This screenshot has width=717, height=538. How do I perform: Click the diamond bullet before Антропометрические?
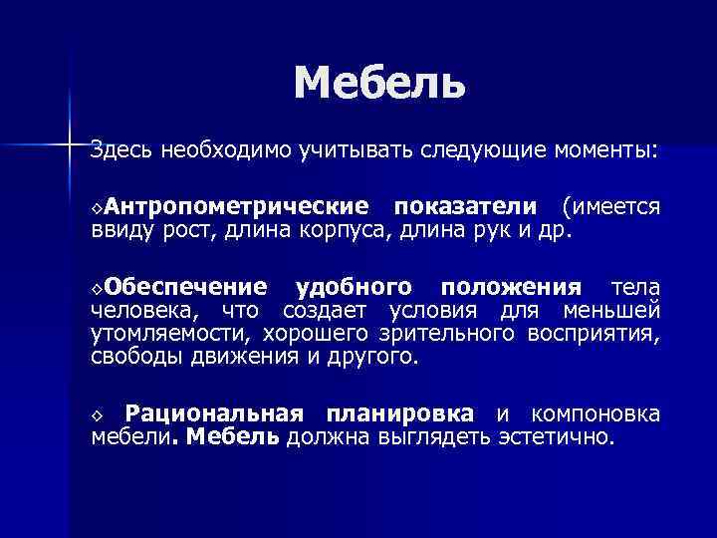click(96, 208)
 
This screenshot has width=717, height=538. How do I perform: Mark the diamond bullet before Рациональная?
click(96, 415)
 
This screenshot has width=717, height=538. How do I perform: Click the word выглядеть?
click(438, 438)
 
